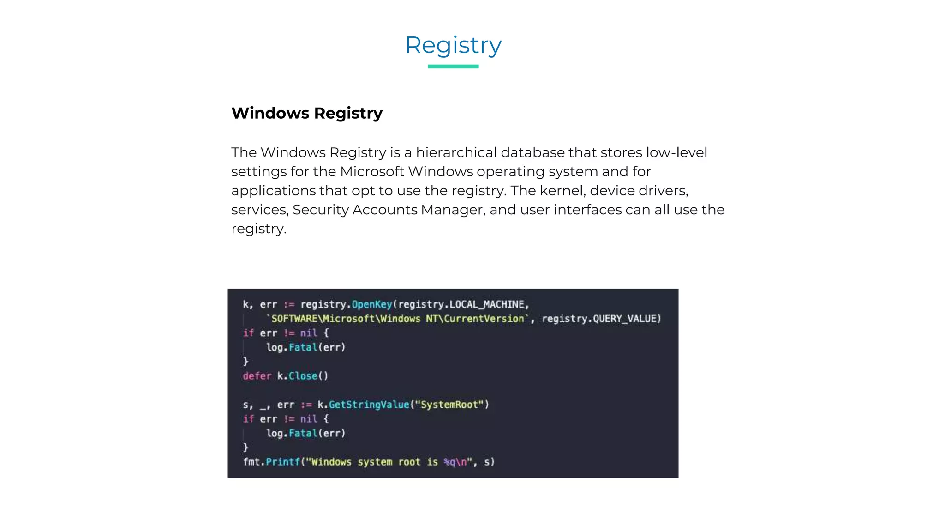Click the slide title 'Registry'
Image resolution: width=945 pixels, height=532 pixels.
(453, 45)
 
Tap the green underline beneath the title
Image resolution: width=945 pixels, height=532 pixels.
(453, 66)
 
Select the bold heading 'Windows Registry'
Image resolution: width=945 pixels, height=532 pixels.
(307, 113)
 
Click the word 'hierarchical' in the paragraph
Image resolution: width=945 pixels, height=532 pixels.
(456, 152)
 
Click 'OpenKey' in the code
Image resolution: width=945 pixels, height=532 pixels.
(372, 304)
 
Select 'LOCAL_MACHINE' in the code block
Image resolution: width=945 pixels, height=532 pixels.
(487, 304)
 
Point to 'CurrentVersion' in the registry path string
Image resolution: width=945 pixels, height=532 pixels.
(484, 319)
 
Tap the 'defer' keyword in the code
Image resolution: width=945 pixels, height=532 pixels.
(257, 376)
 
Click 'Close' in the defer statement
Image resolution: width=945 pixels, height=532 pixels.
(303, 376)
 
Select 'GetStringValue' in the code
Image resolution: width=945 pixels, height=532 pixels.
(369, 405)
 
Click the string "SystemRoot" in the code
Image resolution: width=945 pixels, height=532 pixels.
(449, 405)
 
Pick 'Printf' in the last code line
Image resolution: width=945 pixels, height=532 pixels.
(283, 462)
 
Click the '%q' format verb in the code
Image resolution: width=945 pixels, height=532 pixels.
(449, 462)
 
